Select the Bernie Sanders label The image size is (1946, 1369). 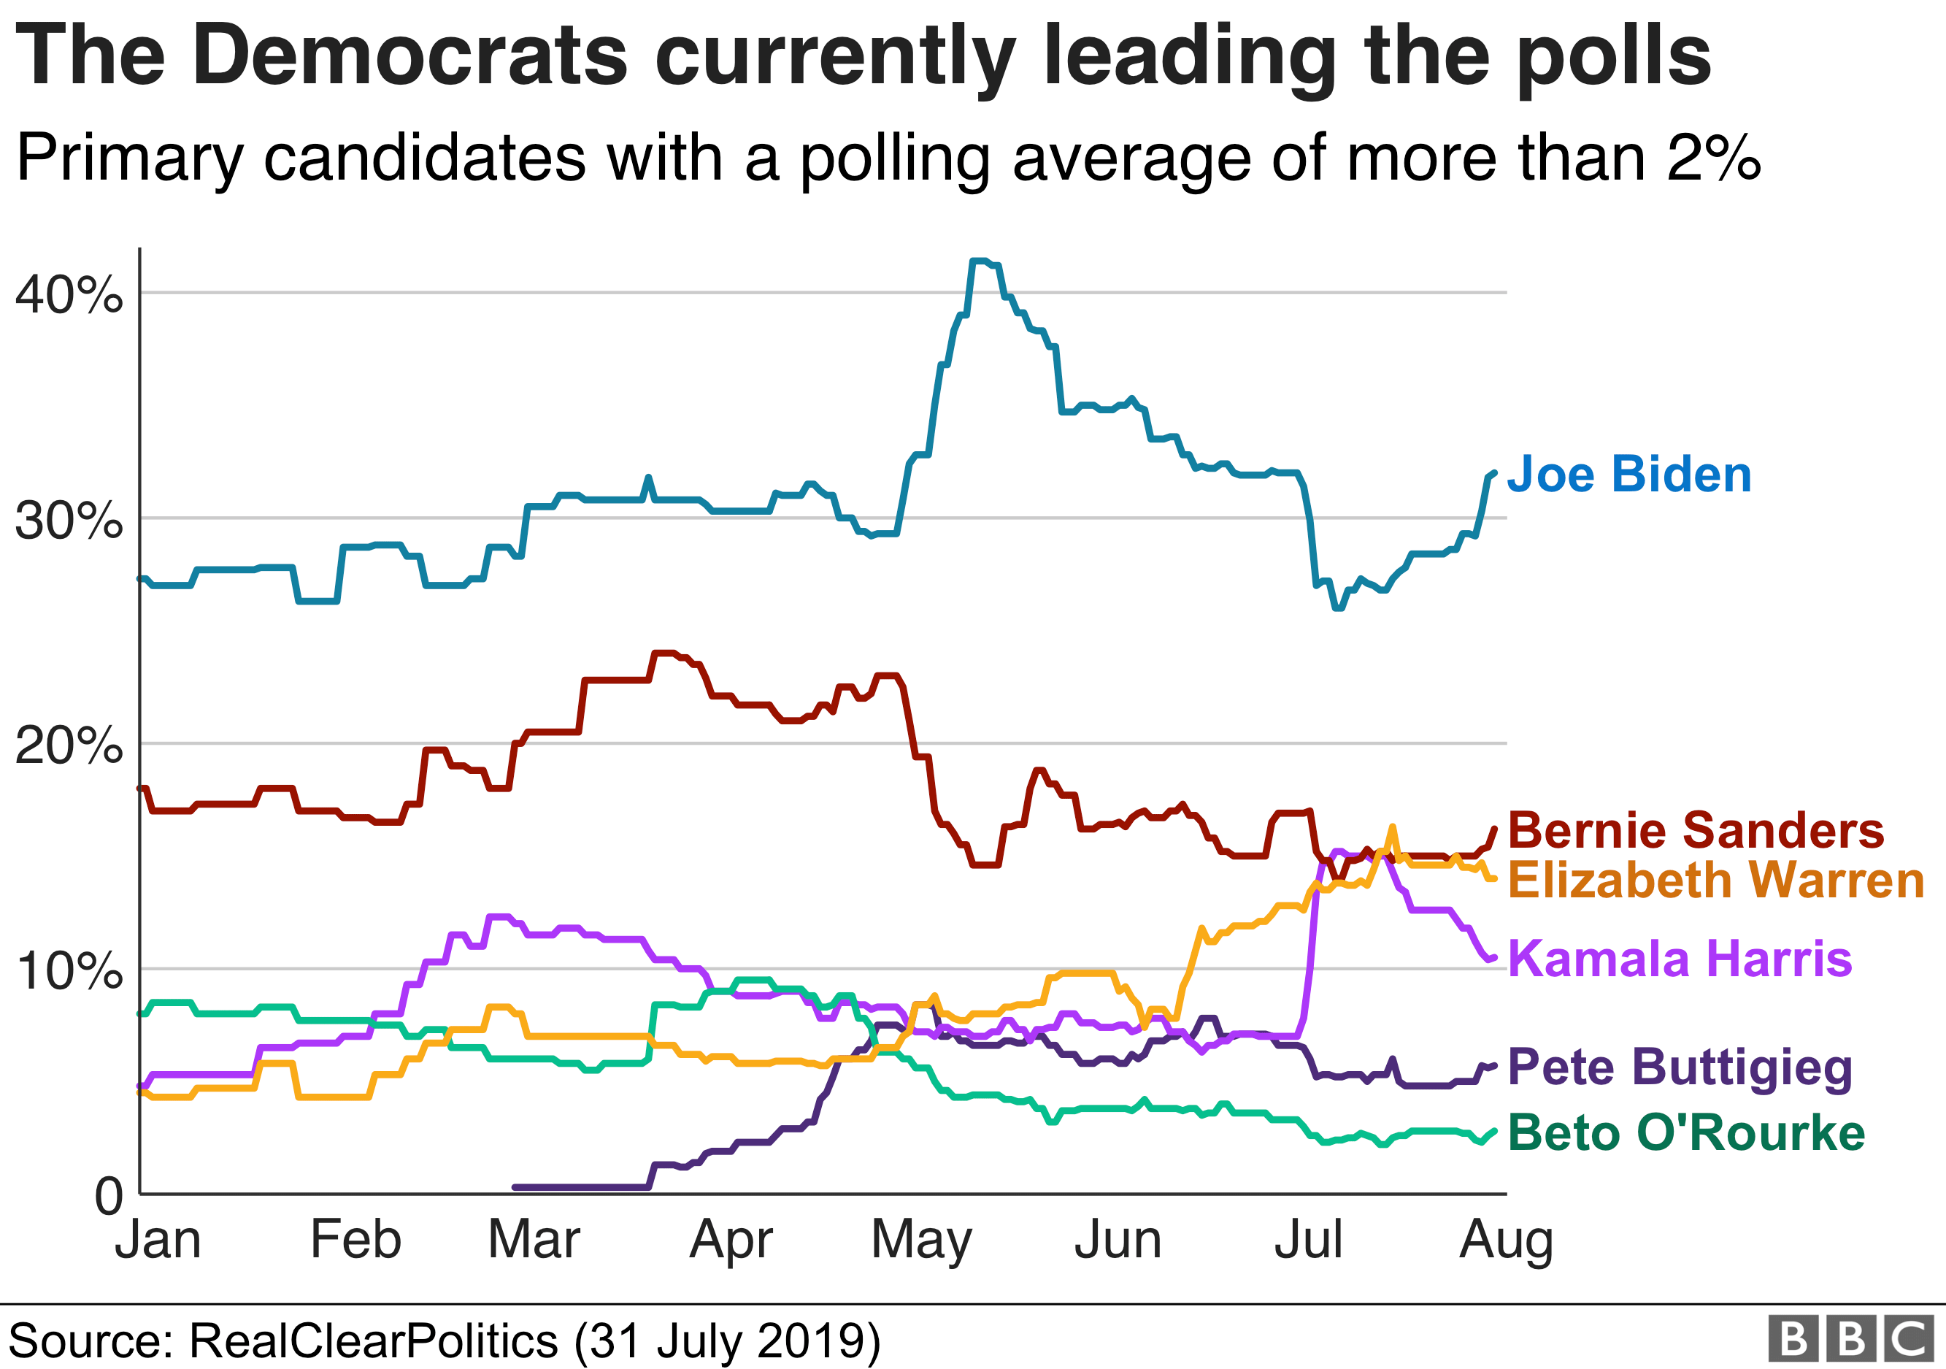click(1696, 830)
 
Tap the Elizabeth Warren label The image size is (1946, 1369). click(1716, 880)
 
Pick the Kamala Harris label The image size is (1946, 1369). click(1680, 959)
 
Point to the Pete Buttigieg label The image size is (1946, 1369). click(1680, 1067)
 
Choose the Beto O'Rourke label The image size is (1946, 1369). click(1687, 1132)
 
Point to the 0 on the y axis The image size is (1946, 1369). click(109, 1197)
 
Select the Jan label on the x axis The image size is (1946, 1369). click(158, 1240)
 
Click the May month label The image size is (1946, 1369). click(921, 1242)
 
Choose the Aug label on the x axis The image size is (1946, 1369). click(1506, 1242)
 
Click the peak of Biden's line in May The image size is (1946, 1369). click(979, 261)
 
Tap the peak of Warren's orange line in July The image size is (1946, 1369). click(1392, 827)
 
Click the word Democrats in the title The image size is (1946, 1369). click(410, 56)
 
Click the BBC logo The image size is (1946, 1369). click(1851, 1338)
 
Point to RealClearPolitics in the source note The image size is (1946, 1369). click(373, 1341)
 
